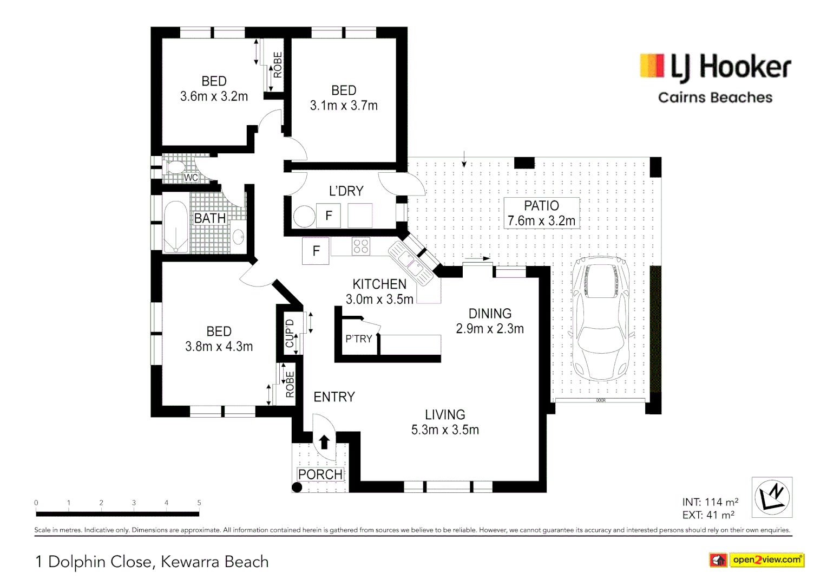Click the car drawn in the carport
pyautogui.click(x=601, y=318)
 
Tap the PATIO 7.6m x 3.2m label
pyautogui.click(x=541, y=213)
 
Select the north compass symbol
pyautogui.click(x=772, y=497)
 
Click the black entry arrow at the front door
pyautogui.click(x=324, y=442)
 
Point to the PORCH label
pyautogui.click(x=320, y=474)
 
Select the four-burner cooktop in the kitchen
pyautogui.click(x=361, y=246)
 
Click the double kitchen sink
pyautogui.click(x=411, y=263)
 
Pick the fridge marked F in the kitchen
pyautogui.click(x=316, y=251)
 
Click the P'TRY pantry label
pyautogui.click(x=359, y=339)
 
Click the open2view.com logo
pyautogui.click(x=757, y=560)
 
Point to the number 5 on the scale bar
pyautogui.click(x=199, y=503)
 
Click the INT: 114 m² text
pyautogui.click(x=710, y=502)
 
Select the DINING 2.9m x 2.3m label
pyautogui.click(x=490, y=321)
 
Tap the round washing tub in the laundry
pyautogui.click(x=304, y=217)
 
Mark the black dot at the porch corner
pyautogui.click(x=297, y=487)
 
